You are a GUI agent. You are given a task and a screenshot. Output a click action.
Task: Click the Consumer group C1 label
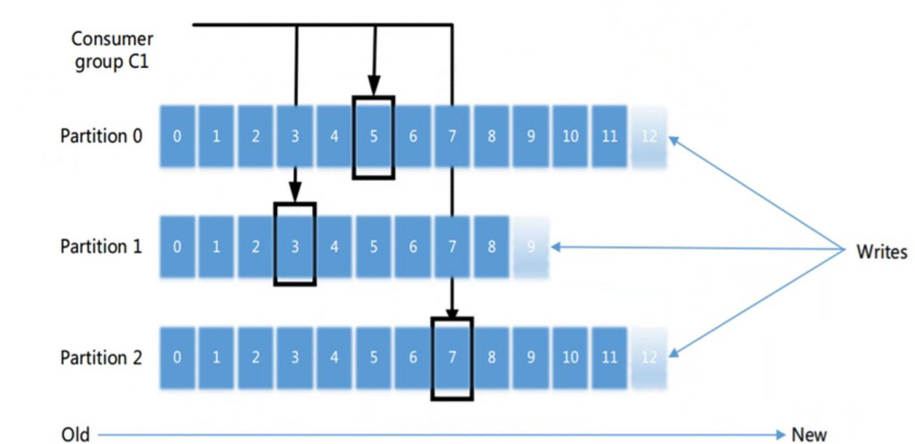[x=112, y=50]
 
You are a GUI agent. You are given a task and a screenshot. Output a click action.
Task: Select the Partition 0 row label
[x=101, y=136]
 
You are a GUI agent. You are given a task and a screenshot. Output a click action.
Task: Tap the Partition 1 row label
[x=101, y=247]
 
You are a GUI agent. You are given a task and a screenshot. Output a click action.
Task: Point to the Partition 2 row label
[x=101, y=358]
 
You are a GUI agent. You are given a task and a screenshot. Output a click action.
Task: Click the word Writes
[x=881, y=252]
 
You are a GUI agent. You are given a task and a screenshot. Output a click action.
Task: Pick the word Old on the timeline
[x=76, y=435]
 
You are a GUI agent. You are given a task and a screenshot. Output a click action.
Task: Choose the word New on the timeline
[x=809, y=435]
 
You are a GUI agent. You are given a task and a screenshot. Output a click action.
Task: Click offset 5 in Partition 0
[x=373, y=137]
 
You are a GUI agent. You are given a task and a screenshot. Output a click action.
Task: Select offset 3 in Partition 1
[x=295, y=247]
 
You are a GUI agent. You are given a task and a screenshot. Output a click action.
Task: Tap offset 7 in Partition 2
[x=452, y=358]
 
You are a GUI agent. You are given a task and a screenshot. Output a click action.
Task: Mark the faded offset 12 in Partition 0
[x=649, y=137]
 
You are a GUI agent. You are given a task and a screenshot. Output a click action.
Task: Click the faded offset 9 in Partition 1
[x=531, y=247]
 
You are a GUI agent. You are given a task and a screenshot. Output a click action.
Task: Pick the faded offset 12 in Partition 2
[x=649, y=358]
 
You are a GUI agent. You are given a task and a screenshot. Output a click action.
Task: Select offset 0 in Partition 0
[x=177, y=137]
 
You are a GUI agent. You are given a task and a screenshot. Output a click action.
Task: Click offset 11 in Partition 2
[x=610, y=358]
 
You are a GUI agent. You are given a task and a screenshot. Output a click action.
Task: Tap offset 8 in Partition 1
[x=491, y=247]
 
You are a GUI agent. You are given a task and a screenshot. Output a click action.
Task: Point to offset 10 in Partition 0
[x=570, y=137]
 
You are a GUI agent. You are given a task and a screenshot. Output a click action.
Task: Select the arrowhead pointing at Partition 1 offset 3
[x=295, y=195]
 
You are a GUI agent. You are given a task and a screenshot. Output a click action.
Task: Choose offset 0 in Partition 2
[x=177, y=358]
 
